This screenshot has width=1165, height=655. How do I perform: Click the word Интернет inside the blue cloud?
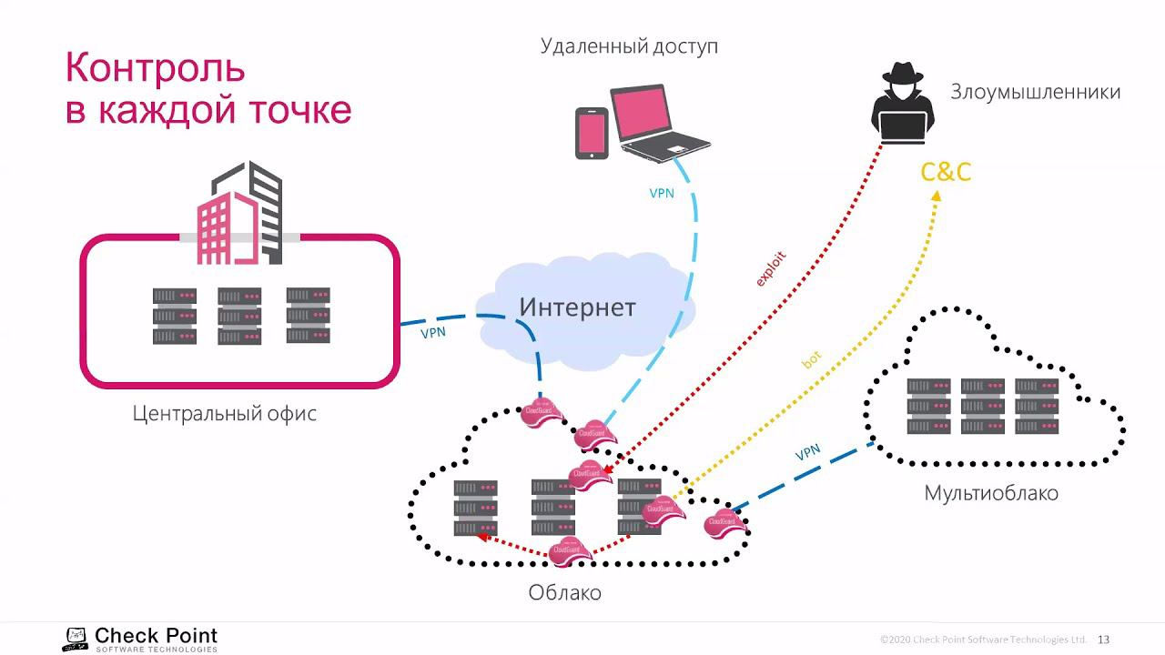point(577,307)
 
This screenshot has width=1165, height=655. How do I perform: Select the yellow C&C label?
point(946,172)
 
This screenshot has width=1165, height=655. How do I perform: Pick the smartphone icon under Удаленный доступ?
point(591,133)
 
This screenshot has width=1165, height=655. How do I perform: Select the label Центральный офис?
point(224,413)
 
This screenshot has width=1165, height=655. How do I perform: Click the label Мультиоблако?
point(991,493)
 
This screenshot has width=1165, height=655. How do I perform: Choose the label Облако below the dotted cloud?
point(564,592)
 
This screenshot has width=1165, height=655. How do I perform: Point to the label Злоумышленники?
point(1035,92)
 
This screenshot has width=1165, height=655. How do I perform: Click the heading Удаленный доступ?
point(629,45)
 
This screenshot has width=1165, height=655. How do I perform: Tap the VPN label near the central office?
point(433,332)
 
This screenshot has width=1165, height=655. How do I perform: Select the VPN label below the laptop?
point(662,193)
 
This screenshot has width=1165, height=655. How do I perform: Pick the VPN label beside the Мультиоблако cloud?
point(807,452)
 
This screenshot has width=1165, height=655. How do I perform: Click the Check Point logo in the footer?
point(140,639)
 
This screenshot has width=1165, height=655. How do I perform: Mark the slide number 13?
point(1104,639)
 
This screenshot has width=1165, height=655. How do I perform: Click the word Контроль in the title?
point(155,68)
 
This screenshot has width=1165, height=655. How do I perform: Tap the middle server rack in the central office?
point(239,316)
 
